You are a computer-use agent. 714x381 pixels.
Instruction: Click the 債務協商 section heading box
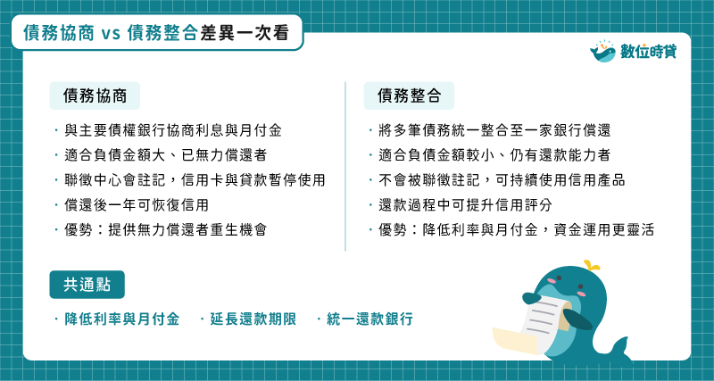pos(95,95)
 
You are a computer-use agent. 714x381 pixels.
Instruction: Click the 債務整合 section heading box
pos(409,95)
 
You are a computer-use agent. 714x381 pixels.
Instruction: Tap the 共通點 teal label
pos(87,285)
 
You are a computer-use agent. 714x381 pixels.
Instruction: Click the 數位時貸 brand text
pos(649,52)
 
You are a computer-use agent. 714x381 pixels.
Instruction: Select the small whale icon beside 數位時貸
pos(603,51)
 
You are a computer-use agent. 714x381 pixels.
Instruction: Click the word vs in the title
pos(111,33)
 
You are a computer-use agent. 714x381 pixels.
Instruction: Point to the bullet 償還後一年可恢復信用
pos(137,205)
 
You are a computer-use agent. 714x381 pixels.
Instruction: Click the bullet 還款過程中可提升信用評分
pos(465,205)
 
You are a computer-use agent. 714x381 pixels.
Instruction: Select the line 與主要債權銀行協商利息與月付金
pos(173,130)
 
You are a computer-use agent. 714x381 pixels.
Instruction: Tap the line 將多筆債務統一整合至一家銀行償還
pos(494,130)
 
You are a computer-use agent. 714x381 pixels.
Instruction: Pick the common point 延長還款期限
pos(253,319)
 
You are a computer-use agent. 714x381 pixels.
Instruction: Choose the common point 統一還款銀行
pos(369,319)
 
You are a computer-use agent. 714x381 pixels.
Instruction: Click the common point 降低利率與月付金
pos(122,319)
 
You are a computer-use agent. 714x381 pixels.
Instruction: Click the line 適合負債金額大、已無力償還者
pos(166,155)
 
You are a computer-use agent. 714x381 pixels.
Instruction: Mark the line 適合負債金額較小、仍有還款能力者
pos(494,155)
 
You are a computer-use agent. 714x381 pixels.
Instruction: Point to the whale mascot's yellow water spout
pos(591,265)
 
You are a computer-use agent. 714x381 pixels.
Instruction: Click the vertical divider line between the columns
pos(345,166)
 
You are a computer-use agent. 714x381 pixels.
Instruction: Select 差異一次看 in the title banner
pos(245,33)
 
